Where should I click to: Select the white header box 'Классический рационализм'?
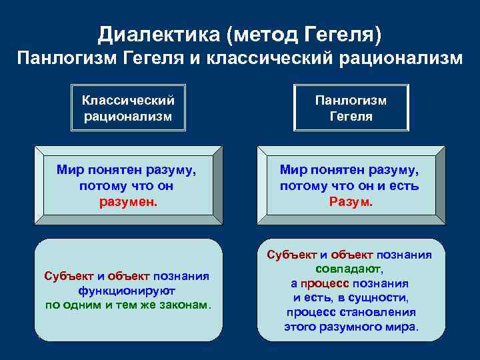pos(128,108)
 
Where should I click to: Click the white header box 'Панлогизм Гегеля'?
pos(351,108)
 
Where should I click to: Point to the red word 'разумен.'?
pos(126,201)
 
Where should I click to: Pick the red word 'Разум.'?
pos(351,201)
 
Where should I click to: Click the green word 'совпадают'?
pos(349,269)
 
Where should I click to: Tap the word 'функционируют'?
pos(127,291)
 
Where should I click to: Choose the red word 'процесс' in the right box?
pos(322,283)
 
